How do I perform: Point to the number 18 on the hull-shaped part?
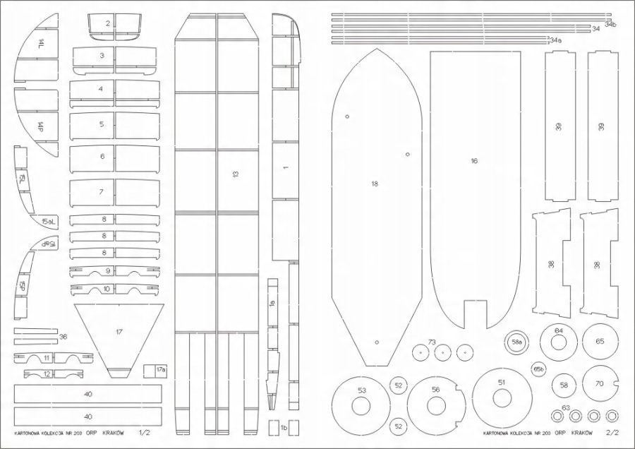375,184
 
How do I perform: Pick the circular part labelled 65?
600,342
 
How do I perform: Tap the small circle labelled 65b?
539,369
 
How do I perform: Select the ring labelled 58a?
517,342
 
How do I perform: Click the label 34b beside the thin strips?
610,25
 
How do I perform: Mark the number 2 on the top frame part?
108,24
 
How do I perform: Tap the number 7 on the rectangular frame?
102,192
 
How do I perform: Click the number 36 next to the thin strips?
63,336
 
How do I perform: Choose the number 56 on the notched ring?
435,390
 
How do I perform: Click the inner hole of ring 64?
558,345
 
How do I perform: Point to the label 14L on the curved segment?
41,44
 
